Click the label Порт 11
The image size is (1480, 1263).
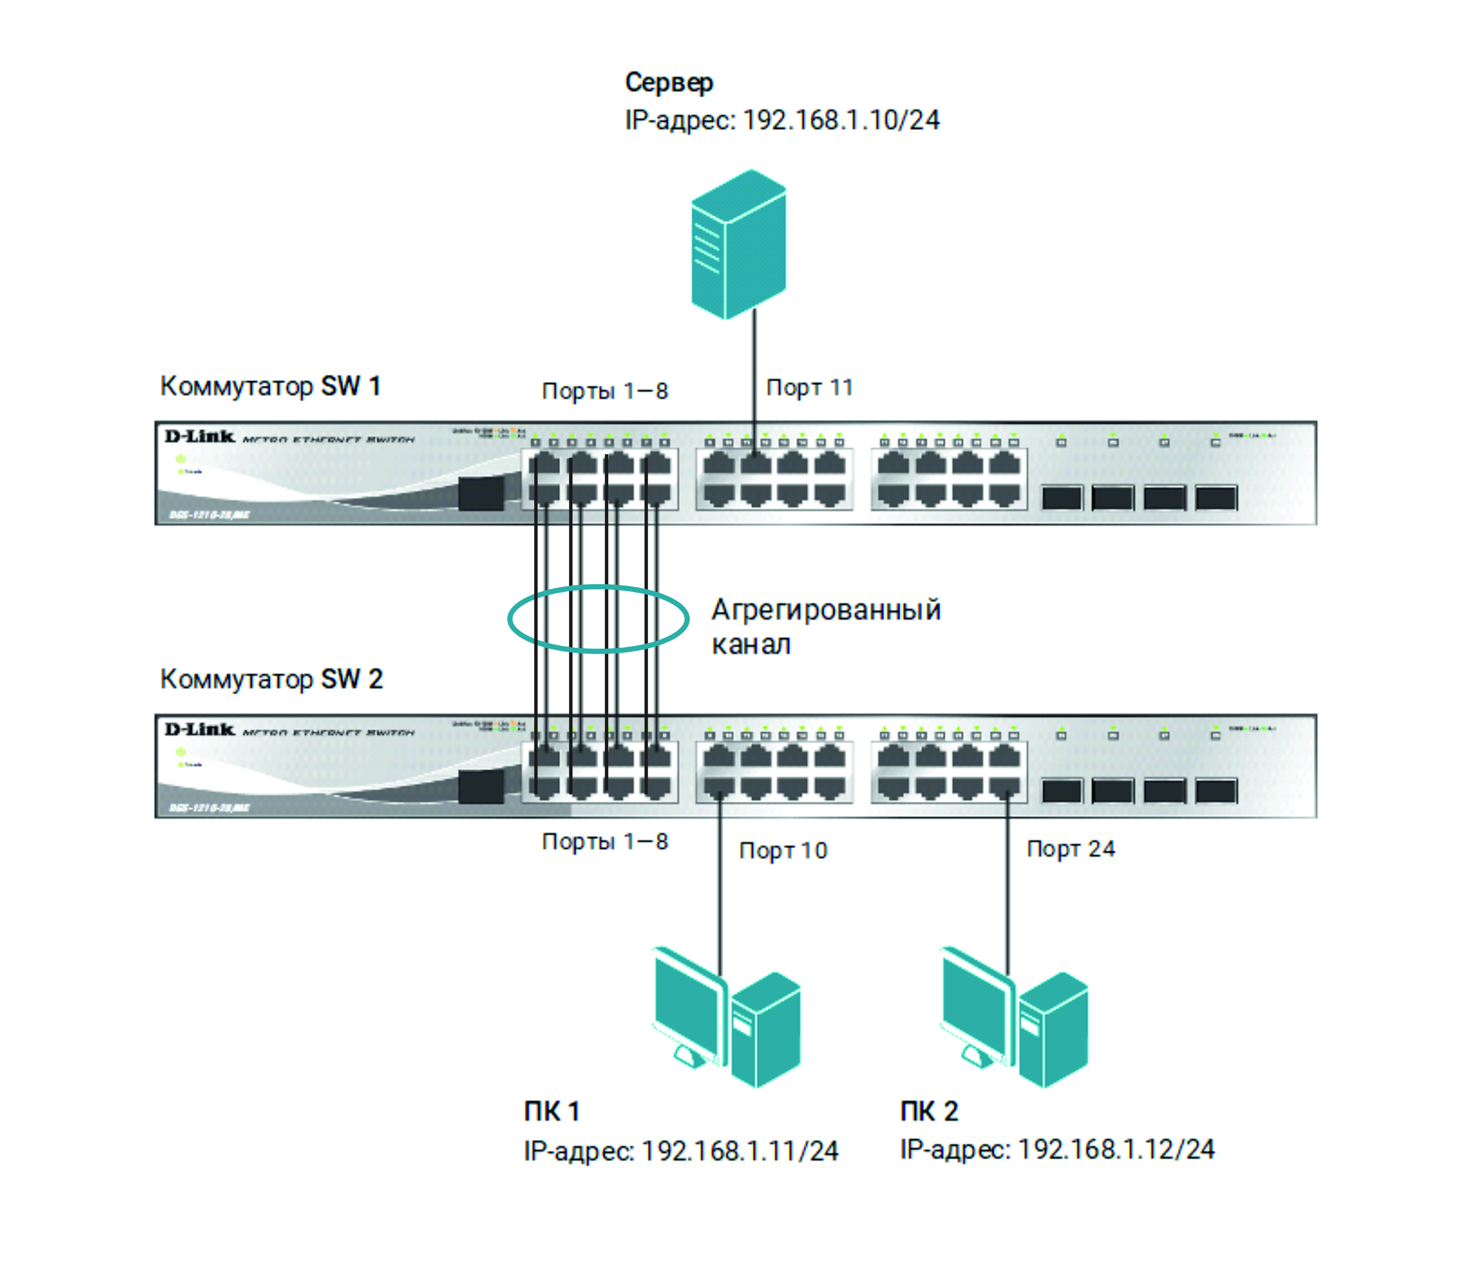pos(809,388)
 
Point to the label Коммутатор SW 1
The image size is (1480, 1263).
pos(270,386)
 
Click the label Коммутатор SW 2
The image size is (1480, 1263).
pos(271,679)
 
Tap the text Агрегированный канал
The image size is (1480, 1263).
pos(826,626)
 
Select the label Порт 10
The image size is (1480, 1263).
pos(783,851)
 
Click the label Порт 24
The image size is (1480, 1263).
pos(1070,849)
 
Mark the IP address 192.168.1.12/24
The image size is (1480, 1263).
pos(1057,1149)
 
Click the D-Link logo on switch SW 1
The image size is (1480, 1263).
pos(199,436)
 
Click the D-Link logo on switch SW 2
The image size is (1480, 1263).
pos(199,729)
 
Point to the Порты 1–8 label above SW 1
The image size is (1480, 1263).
pos(605,392)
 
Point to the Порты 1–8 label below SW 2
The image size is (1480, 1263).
pos(605,841)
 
